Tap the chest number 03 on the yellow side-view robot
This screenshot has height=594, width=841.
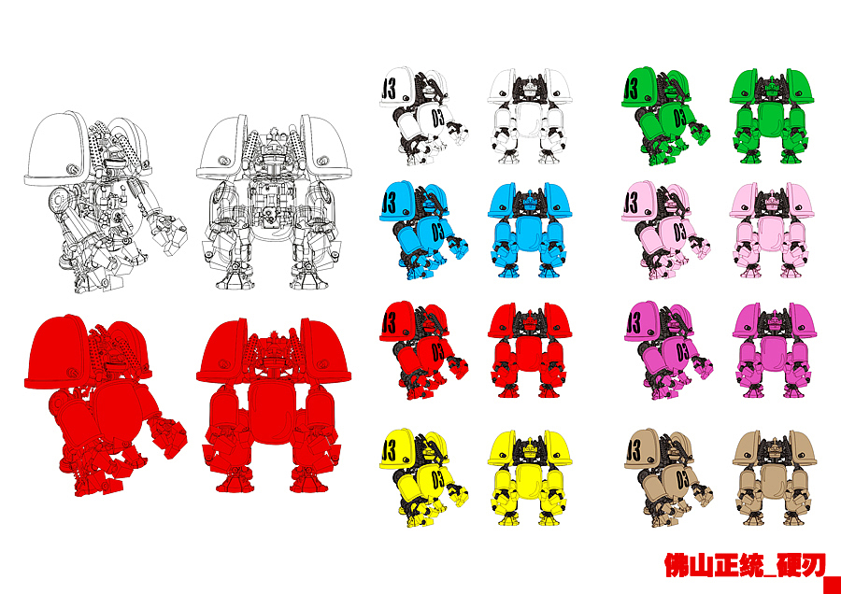point(438,479)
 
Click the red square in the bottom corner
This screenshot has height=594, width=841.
point(832,585)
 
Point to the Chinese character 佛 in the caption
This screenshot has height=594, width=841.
point(677,565)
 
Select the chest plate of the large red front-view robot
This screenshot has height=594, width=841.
point(274,410)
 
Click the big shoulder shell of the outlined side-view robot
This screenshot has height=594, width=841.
point(56,148)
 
